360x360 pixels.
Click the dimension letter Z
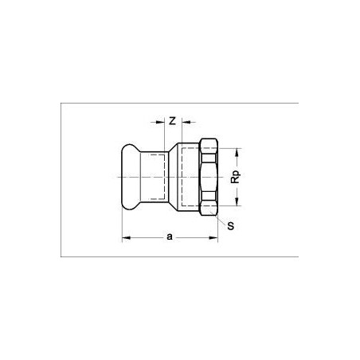pyautogui.click(x=173, y=121)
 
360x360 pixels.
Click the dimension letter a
pyautogui.click(x=170, y=237)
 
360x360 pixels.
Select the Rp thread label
pyautogui.click(x=235, y=177)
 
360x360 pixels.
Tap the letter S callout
pyautogui.click(x=231, y=226)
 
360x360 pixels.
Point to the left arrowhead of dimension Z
pyautogui.click(x=160, y=122)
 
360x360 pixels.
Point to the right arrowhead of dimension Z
pyautogui.click(x=186, y=122)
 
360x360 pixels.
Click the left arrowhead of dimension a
pyautogui.click(x=127, y=237)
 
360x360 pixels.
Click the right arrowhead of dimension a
pyautogui.click(x=213, y=237)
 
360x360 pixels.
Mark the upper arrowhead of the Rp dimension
pyautogui.click(x=237, y=152)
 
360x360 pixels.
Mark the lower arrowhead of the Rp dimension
pyautogui.click(x=237, y=202)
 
